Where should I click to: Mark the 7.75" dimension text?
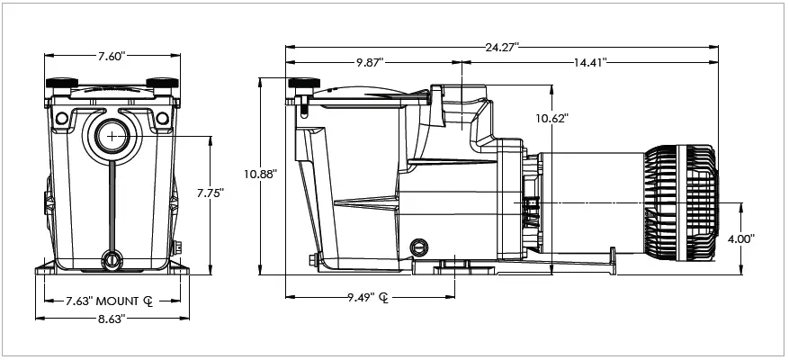209,192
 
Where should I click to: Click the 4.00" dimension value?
740,238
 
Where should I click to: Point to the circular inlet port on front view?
111,137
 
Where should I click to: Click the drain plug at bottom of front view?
111,259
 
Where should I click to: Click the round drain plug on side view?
417,247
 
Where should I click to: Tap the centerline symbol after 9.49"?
385,298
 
